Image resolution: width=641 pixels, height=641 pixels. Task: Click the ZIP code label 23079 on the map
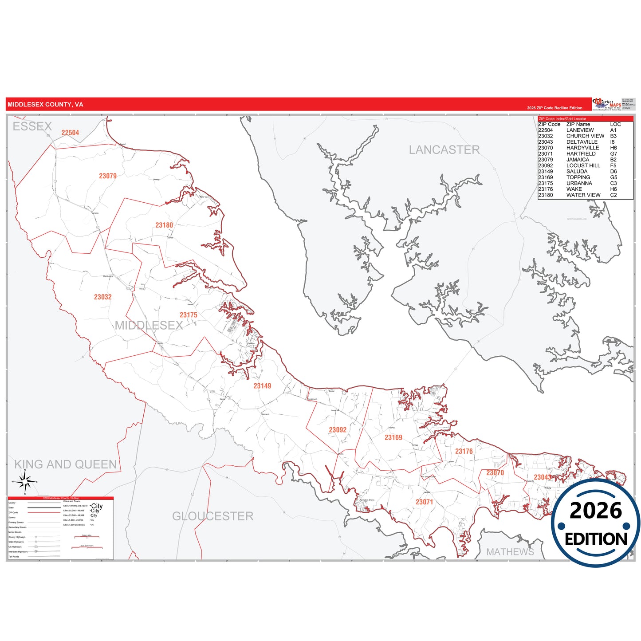tap(108, 176)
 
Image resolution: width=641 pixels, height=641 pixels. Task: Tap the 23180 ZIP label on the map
tap(164, 225)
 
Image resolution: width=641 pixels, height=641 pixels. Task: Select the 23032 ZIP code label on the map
tap(102, 297)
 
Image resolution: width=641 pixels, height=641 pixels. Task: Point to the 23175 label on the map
tap(188, 315)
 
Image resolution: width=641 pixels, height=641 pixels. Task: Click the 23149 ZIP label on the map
tap(262, 386)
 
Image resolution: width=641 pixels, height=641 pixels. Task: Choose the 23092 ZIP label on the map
tap(338, 430)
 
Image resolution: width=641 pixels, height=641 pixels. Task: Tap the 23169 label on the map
tap(393, 438)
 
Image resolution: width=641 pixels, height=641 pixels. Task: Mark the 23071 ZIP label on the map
tap(424, 502)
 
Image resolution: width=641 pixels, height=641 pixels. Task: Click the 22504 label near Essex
tap(70, 133)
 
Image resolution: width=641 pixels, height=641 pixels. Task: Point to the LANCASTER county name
tap(444, 150)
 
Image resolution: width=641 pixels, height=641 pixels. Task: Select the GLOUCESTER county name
tap(212, 516)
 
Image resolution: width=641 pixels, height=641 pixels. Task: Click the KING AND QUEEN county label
tap(66, 464)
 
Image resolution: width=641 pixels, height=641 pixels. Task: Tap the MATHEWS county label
tap(510, 552)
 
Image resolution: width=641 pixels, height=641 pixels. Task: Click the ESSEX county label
tap(32, 126)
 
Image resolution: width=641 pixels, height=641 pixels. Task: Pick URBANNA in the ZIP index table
tap(579, 183)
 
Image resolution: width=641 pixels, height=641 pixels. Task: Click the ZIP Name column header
tap(578, 124)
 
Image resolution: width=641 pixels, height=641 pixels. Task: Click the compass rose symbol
tap(25, 481)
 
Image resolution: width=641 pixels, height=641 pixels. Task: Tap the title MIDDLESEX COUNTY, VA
tap(45, 105)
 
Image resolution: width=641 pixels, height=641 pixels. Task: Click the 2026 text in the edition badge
tap(595, 511)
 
